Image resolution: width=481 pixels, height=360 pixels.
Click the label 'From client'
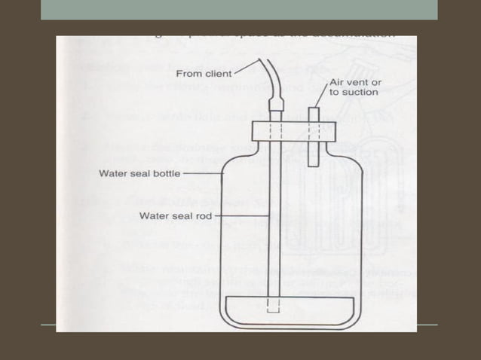tap(204, 74)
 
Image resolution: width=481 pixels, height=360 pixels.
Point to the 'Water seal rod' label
tap(176, 215)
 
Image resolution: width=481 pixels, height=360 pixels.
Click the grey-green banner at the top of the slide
tap(239, 9)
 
